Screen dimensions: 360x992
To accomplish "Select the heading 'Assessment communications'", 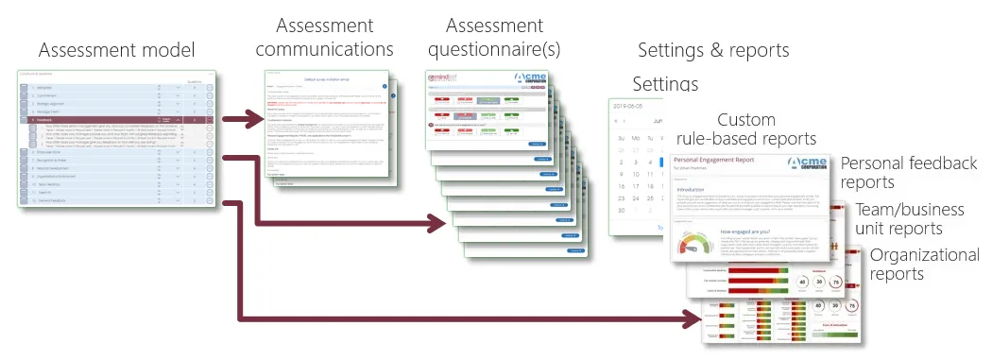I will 325,37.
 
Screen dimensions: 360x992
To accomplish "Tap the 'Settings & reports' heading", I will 713,50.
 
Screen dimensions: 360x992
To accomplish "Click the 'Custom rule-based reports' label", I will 760,129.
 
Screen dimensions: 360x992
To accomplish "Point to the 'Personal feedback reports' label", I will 908,172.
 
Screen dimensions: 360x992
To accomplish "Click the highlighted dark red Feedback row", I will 113,121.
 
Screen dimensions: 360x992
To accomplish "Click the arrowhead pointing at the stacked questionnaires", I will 436,224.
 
